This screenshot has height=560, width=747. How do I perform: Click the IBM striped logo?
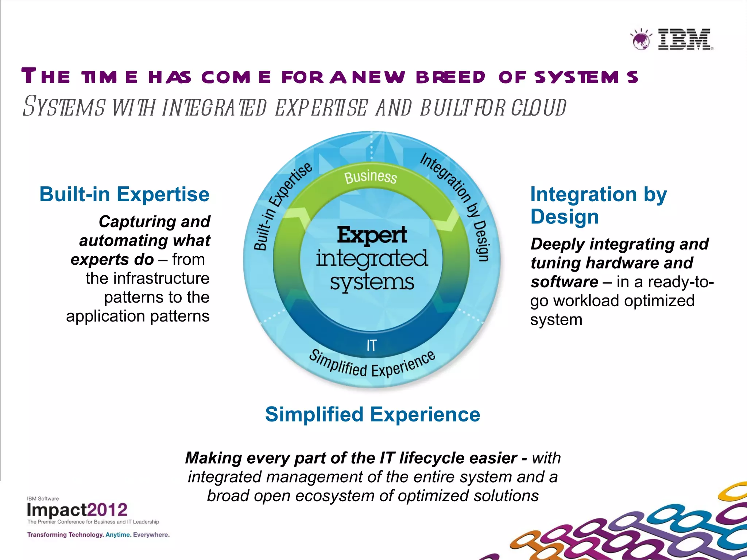coord(685,39)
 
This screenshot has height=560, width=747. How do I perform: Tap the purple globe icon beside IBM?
coord(641,40)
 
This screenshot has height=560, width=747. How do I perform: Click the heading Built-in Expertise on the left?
coord(124,194)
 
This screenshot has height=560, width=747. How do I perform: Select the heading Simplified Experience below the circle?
coord(372,415)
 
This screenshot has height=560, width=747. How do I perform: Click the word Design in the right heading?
coord(564,217)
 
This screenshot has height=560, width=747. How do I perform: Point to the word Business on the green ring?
coord(371,177)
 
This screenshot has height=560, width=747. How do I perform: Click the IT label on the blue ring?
coord(371,345)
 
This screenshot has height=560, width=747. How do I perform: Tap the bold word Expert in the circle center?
coord(372,234)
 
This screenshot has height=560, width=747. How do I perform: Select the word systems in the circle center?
coord(372,283)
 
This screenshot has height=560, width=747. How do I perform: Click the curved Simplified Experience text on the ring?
coord(372,366)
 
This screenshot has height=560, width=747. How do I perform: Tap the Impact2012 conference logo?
coord(77,510)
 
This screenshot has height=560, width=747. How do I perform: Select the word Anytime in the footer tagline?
coord(117,535)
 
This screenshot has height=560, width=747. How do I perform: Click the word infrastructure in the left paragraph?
coord(147,279)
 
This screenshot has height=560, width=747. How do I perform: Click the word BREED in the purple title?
coord(450,77)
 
